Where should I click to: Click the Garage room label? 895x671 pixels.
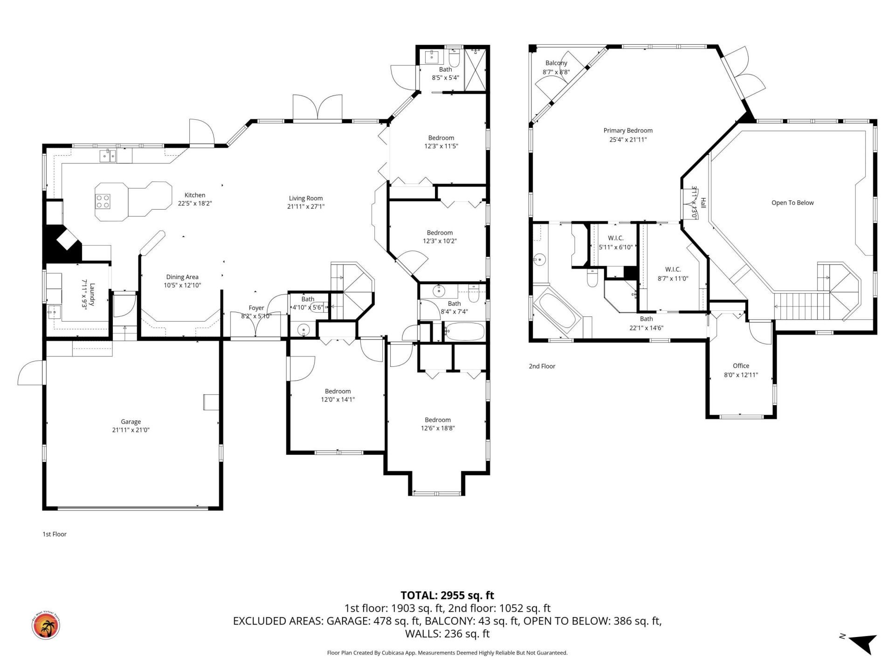131,422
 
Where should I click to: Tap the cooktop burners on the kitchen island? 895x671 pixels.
103,201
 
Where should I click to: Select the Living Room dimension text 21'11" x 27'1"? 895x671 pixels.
305,206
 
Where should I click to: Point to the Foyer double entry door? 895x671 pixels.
255,324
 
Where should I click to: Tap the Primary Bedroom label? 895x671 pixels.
627,130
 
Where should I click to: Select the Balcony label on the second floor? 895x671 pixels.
556,63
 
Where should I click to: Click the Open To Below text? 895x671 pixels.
792,203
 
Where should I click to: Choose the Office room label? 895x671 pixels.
740,366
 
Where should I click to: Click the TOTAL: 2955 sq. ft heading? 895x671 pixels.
447,595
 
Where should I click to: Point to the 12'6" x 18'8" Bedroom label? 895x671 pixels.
437,420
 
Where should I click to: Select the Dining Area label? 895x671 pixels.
182,277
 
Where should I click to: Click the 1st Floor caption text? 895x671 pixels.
55,534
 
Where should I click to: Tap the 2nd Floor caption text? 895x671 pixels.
542,366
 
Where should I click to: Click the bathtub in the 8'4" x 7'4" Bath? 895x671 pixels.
464,332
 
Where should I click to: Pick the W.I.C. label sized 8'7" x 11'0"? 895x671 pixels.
673,269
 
